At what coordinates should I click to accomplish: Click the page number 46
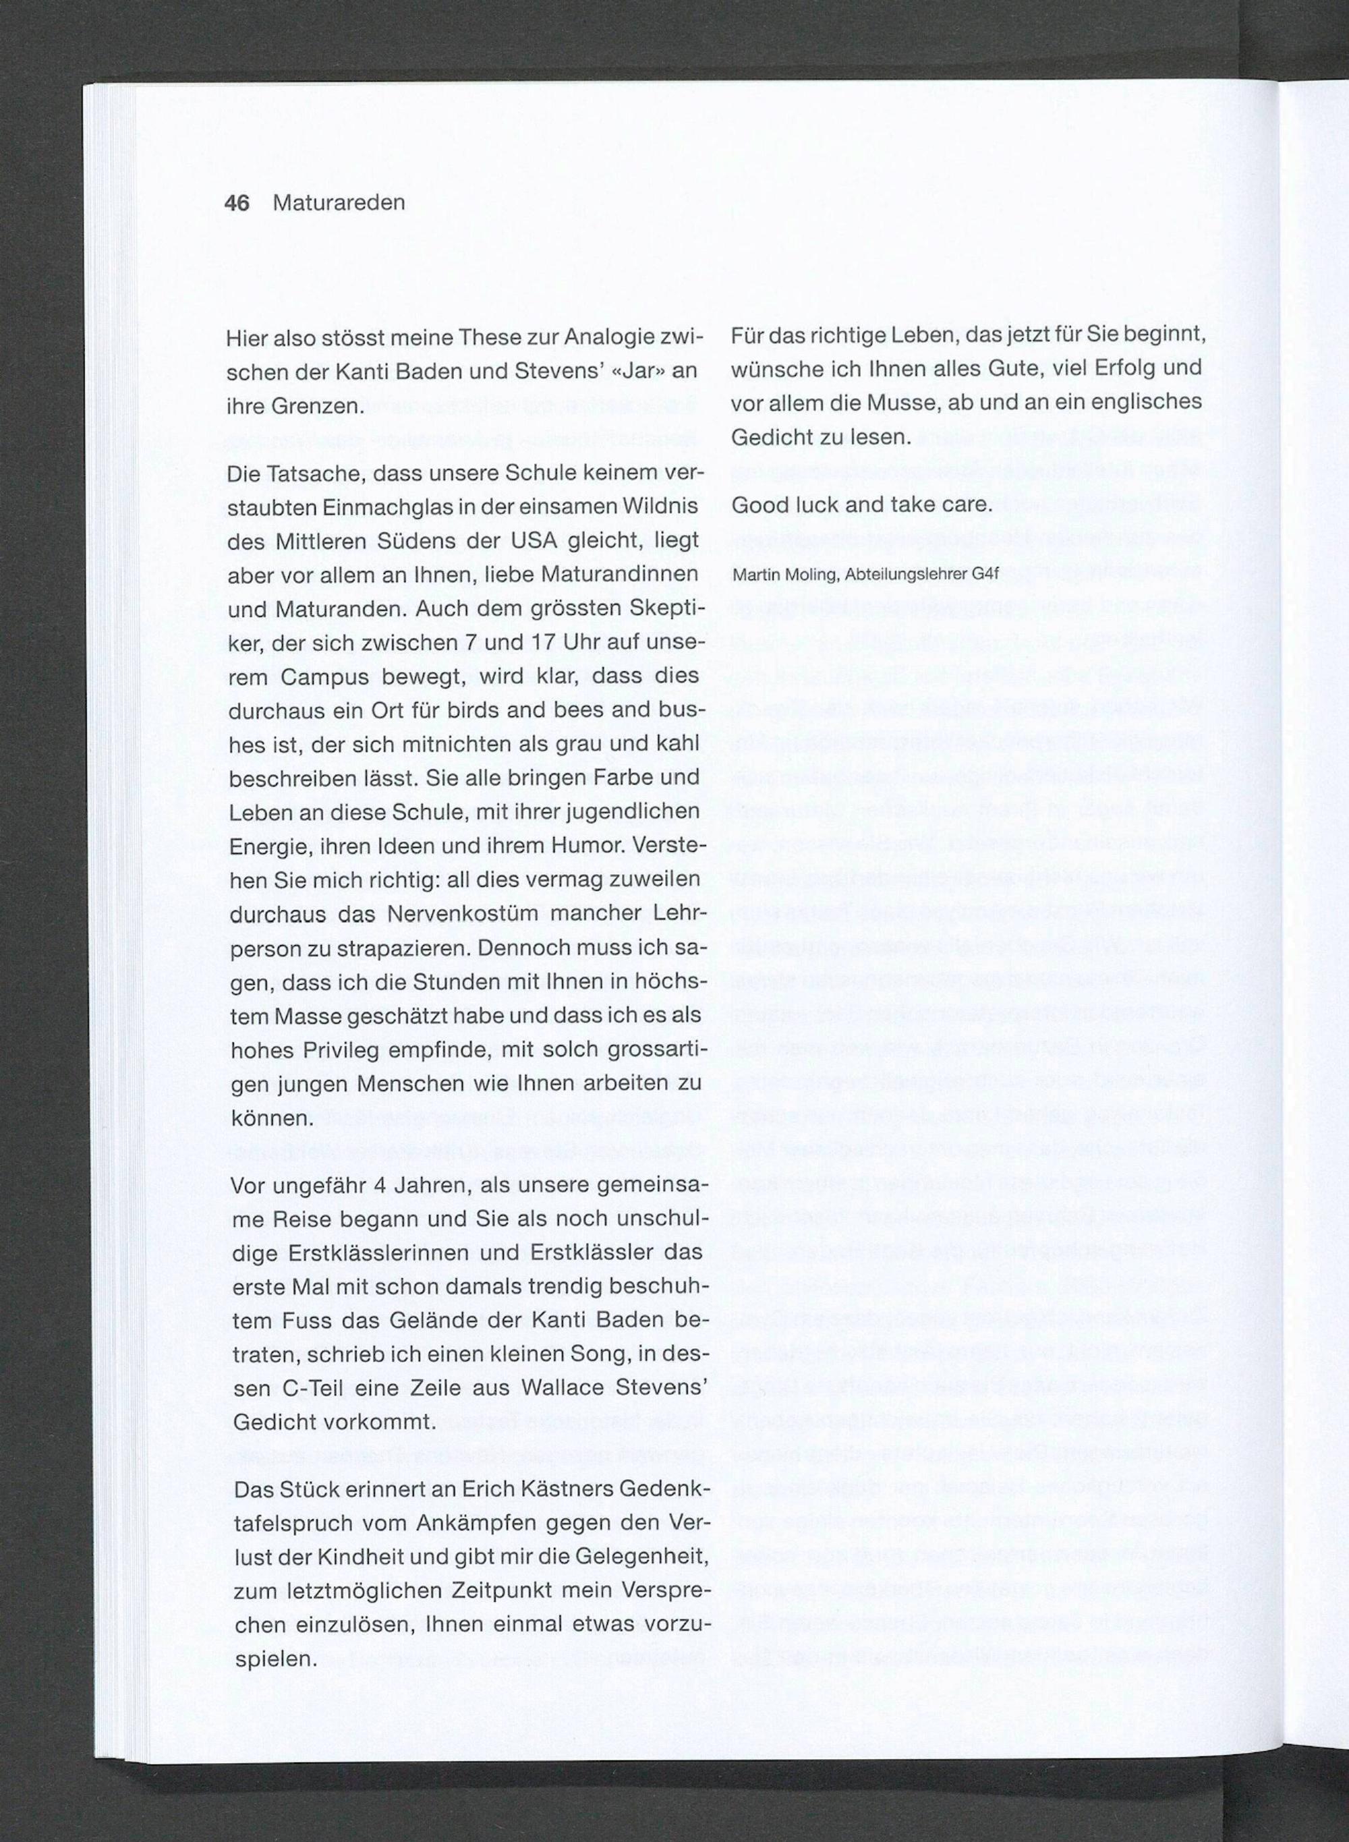(237, 202)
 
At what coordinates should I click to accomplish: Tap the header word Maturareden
(339, 202)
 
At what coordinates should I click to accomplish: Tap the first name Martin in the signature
(755, 574)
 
